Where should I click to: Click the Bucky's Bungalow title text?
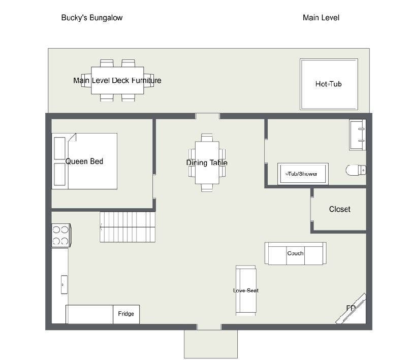click(x=92, y=18)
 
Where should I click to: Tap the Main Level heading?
click(x=321, y=18)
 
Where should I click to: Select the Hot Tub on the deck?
click(x=329, y=84)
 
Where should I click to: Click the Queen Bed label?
click(x=84, y=161)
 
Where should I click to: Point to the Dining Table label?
click(x=207, y=163)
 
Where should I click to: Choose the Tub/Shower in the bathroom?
click(x=303, y=174)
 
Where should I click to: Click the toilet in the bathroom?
click(x=356, y=170)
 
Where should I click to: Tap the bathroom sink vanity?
click(x=358, y=135)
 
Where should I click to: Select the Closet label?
click(x=340, y=209)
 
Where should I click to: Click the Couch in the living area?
click(x=296, y=253)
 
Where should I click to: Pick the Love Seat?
click(x=246, y=290)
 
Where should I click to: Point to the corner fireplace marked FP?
click(x=351, y=309)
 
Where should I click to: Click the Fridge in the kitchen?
click(x=126, y=314)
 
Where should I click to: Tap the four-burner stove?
click(x=61, y=235)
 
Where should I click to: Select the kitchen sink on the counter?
click(x=64, y=284)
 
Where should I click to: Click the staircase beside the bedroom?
click(x=128, y=227)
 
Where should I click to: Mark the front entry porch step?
click(x=211, y=344)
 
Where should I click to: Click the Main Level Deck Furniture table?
click(x=117, y=80)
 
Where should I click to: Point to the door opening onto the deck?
click(x=208, y=116)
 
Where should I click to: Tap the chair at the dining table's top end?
click(x=207, y=138)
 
